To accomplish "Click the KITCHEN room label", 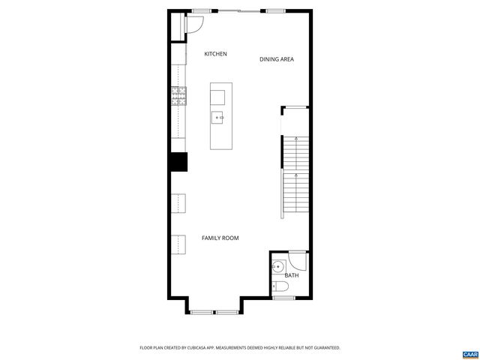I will pyautogui.click(x=216, y=54).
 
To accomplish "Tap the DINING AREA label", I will pyautogui.click(x=276, y=59).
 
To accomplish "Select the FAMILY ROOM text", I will pyautogui.click(x=220, y=238).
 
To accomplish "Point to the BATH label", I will pyautogui.click(x=291, y=275).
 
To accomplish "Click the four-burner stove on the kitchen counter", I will pyautogui.click(x=179, y=94).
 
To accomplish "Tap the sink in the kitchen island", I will pyautogui.click(x=219, y=118).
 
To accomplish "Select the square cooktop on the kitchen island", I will pyautogui.click(x=218, y=96).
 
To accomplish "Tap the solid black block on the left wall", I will pyautogui.click(x=178, y=161).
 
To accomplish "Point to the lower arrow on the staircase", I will pyautogui.click(x=298, y=177).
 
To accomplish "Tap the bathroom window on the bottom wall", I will pyautogui.click(x=283, y=298).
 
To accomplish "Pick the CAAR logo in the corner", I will pyautogui.click(x=469, y=352).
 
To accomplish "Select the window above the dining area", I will pyautogui.click(x=276, y=10).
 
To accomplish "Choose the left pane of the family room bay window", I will pyautogui.click(x=200, y=310).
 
